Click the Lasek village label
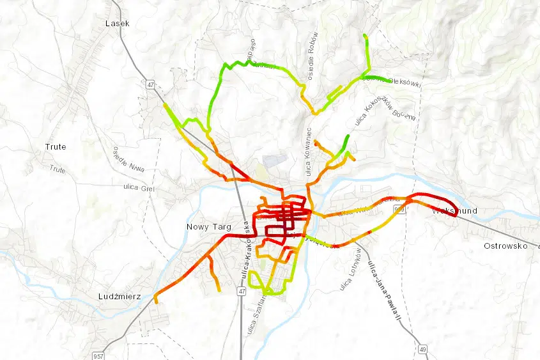tap(117, 23)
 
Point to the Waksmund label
tap(454, 211)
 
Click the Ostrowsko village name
tap(504, 246)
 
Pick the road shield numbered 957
tap(97, 355)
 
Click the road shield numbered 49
tap(423, 349)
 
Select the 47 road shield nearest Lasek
tap(150, 84)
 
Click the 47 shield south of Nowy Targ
tap(241, 291)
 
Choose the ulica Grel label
tap(139, 187)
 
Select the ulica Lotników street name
tap(350, 269)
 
